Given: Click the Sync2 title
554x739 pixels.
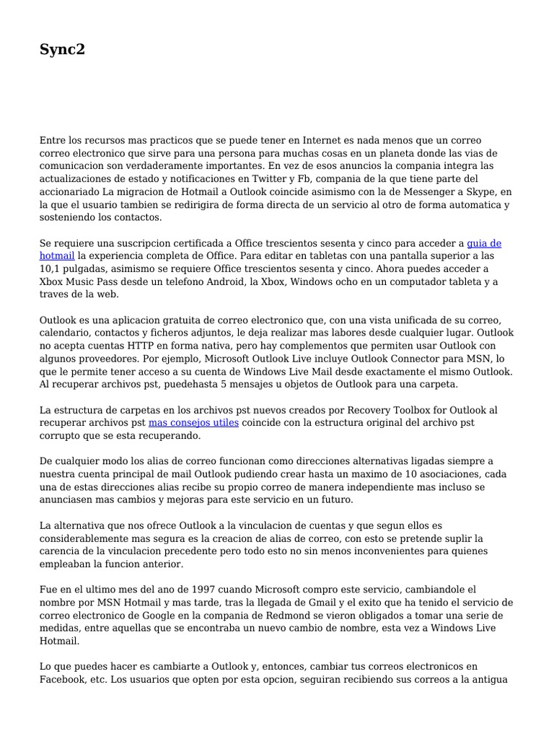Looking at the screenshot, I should point(62,51).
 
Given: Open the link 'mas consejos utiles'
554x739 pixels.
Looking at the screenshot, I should point(193,423).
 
